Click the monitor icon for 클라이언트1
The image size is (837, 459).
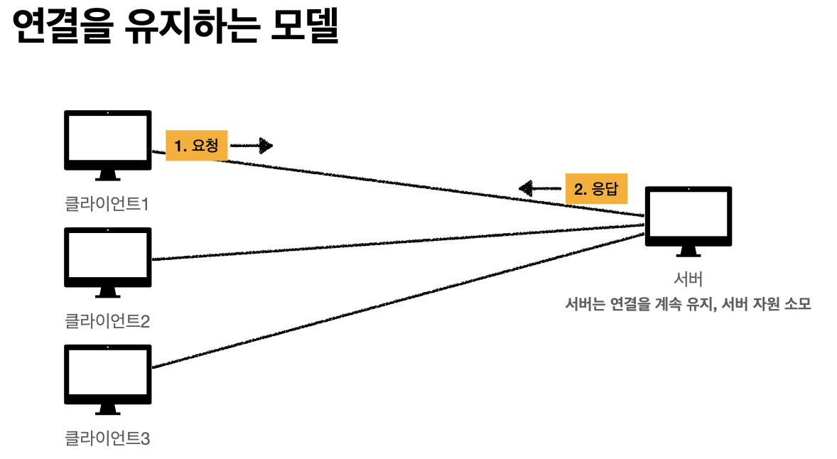(x=107, y=141)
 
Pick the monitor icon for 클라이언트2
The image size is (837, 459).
(x=107, y=258)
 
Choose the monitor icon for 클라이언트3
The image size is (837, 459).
(x=107, y=375)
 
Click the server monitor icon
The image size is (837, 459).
(x=688, y=217)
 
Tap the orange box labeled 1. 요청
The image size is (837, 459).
(x=196, y=146)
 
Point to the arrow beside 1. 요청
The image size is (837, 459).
(x=252, y=146)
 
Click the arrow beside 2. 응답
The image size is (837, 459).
(x=540, y=188)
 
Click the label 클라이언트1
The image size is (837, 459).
(x=107, y=205)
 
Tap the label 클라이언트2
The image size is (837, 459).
(x=107, y=322)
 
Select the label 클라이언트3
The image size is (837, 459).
(x=107, y=438)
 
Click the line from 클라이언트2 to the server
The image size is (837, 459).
(x=398, y=243)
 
